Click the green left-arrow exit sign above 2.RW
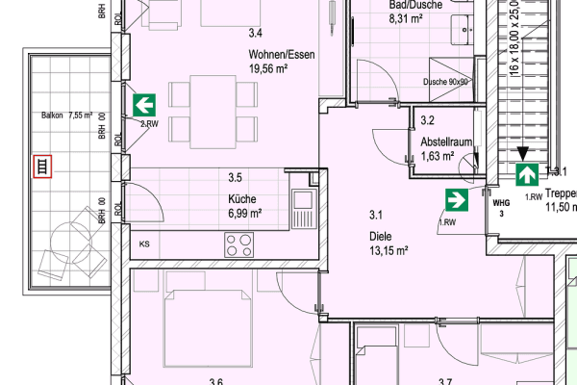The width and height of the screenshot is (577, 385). click(144, 104)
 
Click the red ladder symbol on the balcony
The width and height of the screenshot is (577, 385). click(41, 167)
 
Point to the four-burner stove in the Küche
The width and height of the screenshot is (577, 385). click(238, 244)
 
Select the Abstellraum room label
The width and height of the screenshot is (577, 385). click(446, 141)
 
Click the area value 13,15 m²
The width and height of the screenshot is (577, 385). click(389, 249)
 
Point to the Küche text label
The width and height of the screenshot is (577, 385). click(243, 199)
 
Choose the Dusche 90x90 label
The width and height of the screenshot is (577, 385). click(446, 82)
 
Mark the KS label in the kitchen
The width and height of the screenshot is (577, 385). click(144, 244)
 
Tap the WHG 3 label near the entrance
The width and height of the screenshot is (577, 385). click(500, 208)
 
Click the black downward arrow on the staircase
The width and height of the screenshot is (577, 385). click(521, 152)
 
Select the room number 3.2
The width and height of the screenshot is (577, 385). click(428, 121)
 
